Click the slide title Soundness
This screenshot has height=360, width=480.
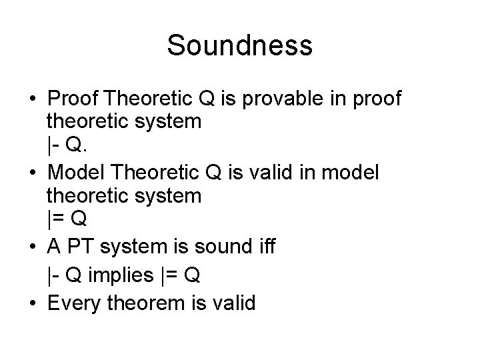click(x=239, y=45)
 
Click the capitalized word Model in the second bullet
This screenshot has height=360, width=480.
click(x=75, y=173)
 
